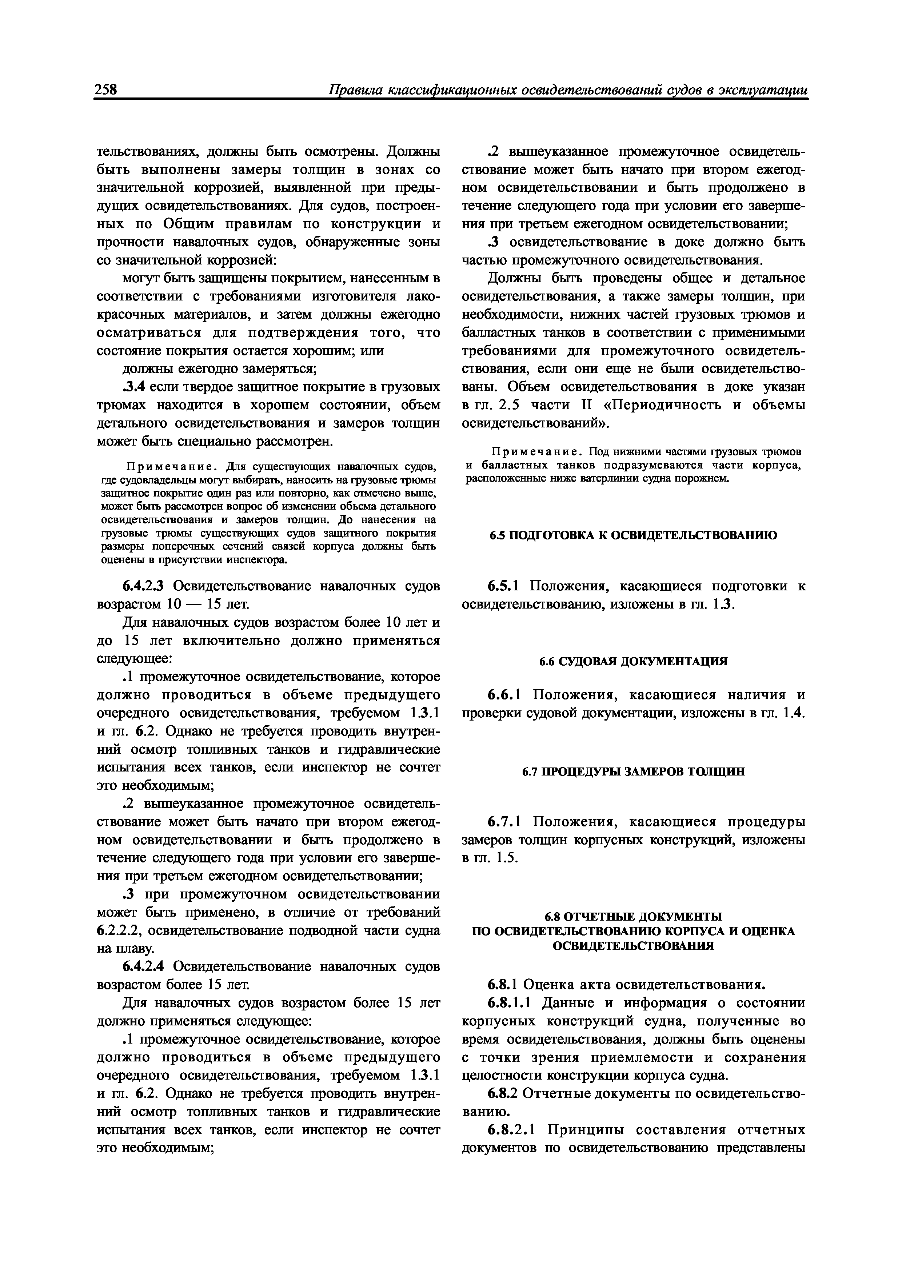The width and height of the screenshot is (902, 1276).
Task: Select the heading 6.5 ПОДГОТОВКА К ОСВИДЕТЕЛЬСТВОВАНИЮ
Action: (x=633, y=535)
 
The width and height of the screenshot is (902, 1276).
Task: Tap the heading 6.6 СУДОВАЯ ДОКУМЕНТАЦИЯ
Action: (x=633, y=661)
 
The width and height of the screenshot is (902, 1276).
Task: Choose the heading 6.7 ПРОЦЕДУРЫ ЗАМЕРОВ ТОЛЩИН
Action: (x=633, y=772)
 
